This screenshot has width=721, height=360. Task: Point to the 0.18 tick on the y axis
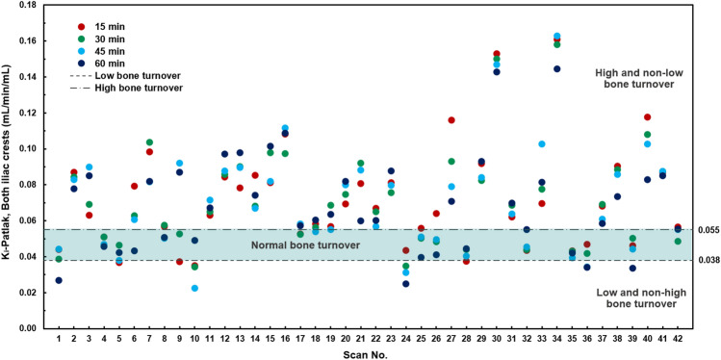click(x=29, y=6)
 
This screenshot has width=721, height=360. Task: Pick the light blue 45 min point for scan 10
click(x=195, y=288)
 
